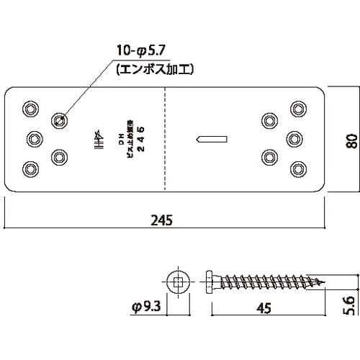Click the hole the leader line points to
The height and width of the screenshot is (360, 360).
click(60, 120)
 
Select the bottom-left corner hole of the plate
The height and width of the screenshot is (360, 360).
click(30, 168)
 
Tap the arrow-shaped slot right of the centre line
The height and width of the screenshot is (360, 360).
click(212, 138)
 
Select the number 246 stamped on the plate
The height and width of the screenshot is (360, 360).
click(141, 138)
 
